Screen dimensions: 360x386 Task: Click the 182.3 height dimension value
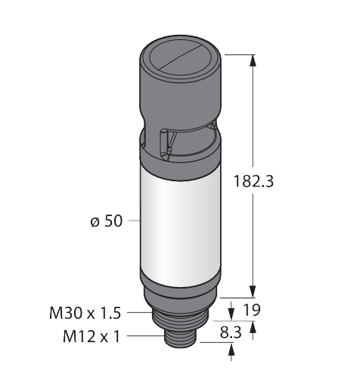coord(253,181)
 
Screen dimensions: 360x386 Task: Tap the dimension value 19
coord(251,310)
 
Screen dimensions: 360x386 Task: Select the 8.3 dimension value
coord(231,332)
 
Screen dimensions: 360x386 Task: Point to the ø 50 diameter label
coord(107,221)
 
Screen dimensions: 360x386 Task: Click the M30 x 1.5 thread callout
coord(85,313)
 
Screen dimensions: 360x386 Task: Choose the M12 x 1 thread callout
coord(92,337)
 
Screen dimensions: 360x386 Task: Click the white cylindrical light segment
coord(181,227)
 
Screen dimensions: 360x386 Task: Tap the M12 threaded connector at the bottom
coord(181,338)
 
